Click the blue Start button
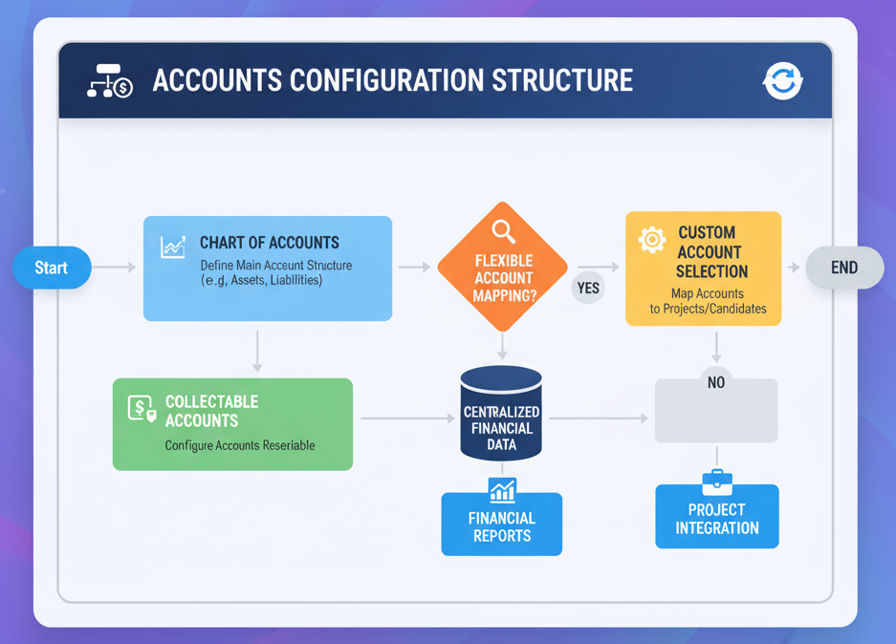pyautogui.click(x=53, y=268)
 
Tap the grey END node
pyautogui.click(x=844, y=268)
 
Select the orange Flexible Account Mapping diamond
pyautogui.click(x=502, y=268)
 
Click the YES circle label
pyautogui.click(x=588, y=288)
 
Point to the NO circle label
pyautogui.click(x=716, y=382)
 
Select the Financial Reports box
pyautogui.click(x=501, y=525)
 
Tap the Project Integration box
pyautogui.click(x=716, y=517)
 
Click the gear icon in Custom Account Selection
pyautogui.click(x=652, y=239)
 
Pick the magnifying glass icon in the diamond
pyautogui.click(x=503, y=231)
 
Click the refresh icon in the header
pyautogui.click(x=782, y=81)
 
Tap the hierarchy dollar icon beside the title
pyautogui.click(x=110, y=81)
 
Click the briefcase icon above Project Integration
pyautogui.click(x=716, y=482)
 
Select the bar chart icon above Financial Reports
pyautogui.click(x=502, y=490)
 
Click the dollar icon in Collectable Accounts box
pyautogui.click(x=142, y=409)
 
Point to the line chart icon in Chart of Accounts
pyautogui.click(x=173, y=247)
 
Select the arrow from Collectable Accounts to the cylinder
pyautogui.click(x=406, y=419)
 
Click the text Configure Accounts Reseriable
pyautogui.click(x=239, y=445)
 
